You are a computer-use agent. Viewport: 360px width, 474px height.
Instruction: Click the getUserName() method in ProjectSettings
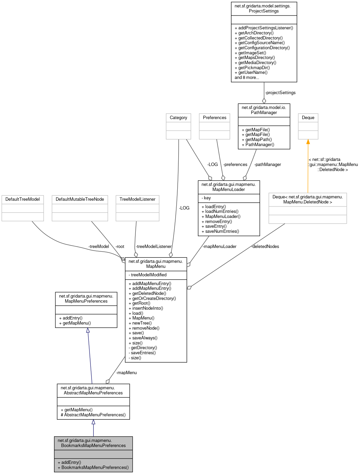(253, 73)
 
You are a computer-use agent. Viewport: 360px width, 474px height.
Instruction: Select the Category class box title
(178, 118)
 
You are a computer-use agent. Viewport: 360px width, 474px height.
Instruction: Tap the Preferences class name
(214, 118)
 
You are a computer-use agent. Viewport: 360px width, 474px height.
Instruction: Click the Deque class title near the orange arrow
(308, 118)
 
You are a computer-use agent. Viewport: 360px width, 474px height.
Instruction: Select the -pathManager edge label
(267, 165)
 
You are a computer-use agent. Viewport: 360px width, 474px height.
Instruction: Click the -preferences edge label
(235, 165)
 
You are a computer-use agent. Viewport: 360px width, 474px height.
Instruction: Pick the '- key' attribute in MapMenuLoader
(206, 198)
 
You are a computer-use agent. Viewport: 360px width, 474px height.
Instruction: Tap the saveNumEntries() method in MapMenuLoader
(222, 231)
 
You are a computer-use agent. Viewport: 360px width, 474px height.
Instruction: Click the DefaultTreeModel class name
(23, 199)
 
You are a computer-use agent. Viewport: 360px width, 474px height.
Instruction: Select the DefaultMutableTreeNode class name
(80, 199)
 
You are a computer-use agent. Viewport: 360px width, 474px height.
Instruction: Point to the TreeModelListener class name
(137, 199)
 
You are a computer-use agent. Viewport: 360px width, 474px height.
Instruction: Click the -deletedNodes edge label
(265, 247)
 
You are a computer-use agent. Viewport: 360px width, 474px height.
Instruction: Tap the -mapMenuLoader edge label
(219, 247)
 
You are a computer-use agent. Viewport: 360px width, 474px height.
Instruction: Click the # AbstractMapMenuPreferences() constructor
(93, 415)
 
